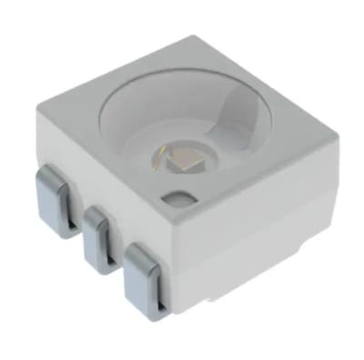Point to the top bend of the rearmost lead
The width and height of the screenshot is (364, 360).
point(50,171)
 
